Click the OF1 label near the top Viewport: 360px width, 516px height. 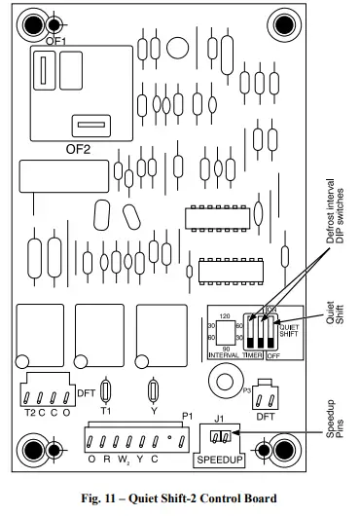56,42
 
